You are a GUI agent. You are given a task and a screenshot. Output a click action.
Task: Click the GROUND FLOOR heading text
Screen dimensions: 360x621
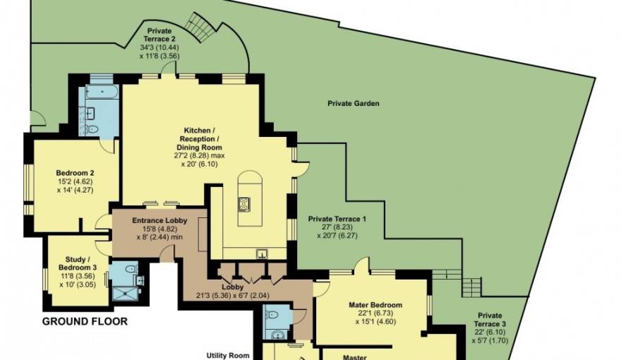[85, 322]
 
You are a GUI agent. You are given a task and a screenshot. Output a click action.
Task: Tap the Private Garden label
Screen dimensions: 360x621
[353, 104]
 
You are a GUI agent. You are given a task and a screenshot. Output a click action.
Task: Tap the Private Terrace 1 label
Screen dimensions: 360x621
[337, 219]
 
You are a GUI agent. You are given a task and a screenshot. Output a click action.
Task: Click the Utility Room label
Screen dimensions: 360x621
[227, 355]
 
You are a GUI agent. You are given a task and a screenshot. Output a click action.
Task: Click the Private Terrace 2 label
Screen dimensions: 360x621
[160, 35]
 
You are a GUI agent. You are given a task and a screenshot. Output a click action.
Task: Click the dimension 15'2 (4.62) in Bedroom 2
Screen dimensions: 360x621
[76, 181]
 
